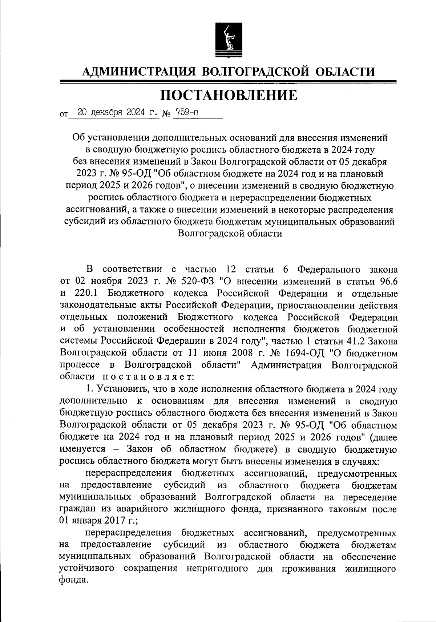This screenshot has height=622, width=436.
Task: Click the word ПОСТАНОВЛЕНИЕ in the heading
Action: point(229,96)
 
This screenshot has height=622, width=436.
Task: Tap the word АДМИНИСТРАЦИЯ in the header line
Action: point(139,72)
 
